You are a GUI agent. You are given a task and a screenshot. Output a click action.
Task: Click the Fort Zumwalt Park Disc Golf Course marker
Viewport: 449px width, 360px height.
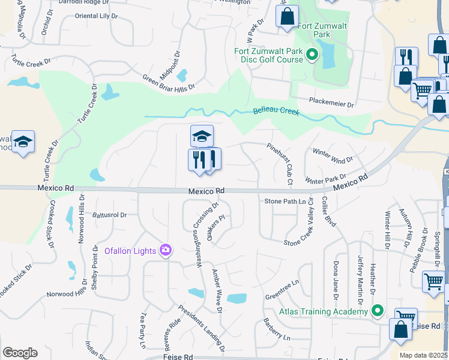pos(312,55)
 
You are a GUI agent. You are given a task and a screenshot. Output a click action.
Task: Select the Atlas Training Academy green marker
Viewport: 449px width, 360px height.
pos(377,311)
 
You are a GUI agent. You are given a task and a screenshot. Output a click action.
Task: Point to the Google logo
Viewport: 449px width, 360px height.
pos(20,353)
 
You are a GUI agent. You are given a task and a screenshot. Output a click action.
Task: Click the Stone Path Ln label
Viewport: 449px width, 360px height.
pos(285,218)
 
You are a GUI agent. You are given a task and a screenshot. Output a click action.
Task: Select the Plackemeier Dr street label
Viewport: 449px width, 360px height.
pos(331,103)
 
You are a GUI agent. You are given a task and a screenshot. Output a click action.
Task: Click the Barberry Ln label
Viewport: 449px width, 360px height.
pos(277,329)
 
